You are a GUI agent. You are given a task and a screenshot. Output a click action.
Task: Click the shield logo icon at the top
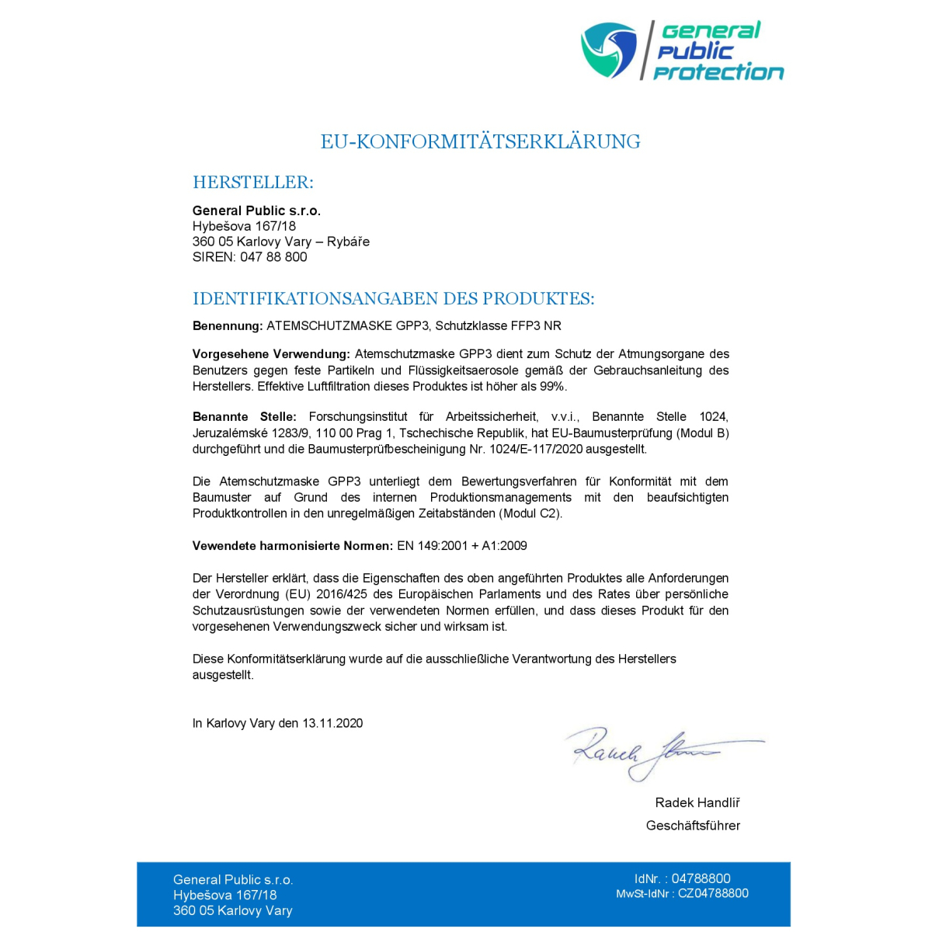pos(609,50)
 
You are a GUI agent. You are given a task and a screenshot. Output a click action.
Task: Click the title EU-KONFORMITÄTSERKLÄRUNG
pos(481,142)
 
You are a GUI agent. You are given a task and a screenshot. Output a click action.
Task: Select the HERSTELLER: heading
pos(253,183)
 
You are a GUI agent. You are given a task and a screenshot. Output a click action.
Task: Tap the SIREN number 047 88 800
pos(273,257)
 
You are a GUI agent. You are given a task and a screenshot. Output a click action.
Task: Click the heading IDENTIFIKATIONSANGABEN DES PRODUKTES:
pos(393,299)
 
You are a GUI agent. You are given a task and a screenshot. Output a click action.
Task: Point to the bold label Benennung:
pos(228,326)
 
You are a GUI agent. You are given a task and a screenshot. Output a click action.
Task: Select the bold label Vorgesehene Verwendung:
pos(271,354)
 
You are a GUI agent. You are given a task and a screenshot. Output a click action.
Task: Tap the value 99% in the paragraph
pos(552,387)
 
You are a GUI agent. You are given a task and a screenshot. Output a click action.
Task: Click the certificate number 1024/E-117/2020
pos(536,450)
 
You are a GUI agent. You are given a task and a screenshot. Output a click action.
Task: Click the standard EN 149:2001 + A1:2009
pos(462,546)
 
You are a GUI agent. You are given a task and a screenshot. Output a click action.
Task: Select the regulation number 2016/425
pos(343,595)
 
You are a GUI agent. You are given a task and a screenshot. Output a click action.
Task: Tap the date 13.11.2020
pos(332,724)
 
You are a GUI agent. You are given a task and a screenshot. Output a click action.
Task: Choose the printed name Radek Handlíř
pos(697,803)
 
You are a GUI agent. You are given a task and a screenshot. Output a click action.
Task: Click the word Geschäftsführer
pos(693,826)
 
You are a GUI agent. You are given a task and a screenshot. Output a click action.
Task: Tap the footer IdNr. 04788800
pos(682,879)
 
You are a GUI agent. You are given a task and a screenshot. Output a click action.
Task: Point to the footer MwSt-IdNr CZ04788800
pos(682,894)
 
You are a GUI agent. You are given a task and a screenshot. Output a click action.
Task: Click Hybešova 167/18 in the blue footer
pos(225,895)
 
